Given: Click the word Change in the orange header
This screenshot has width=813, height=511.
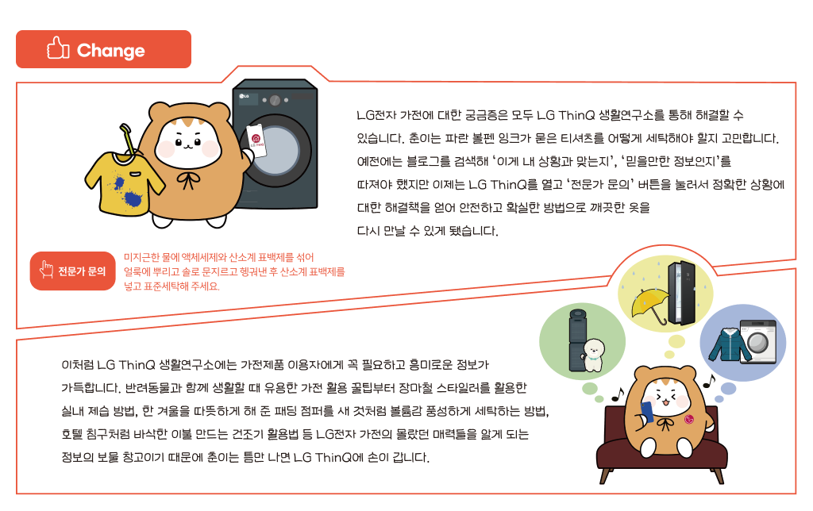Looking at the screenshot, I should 110,52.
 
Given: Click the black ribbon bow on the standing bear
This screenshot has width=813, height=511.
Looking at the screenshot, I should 190,181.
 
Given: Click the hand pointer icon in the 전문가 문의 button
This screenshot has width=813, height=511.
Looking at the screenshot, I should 46,271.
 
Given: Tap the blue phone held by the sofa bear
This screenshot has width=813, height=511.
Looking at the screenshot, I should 648,411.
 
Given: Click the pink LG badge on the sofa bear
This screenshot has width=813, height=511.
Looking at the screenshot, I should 689,420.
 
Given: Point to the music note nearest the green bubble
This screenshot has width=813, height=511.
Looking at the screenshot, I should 615,394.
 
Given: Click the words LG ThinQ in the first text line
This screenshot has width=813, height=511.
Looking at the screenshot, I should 564,116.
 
